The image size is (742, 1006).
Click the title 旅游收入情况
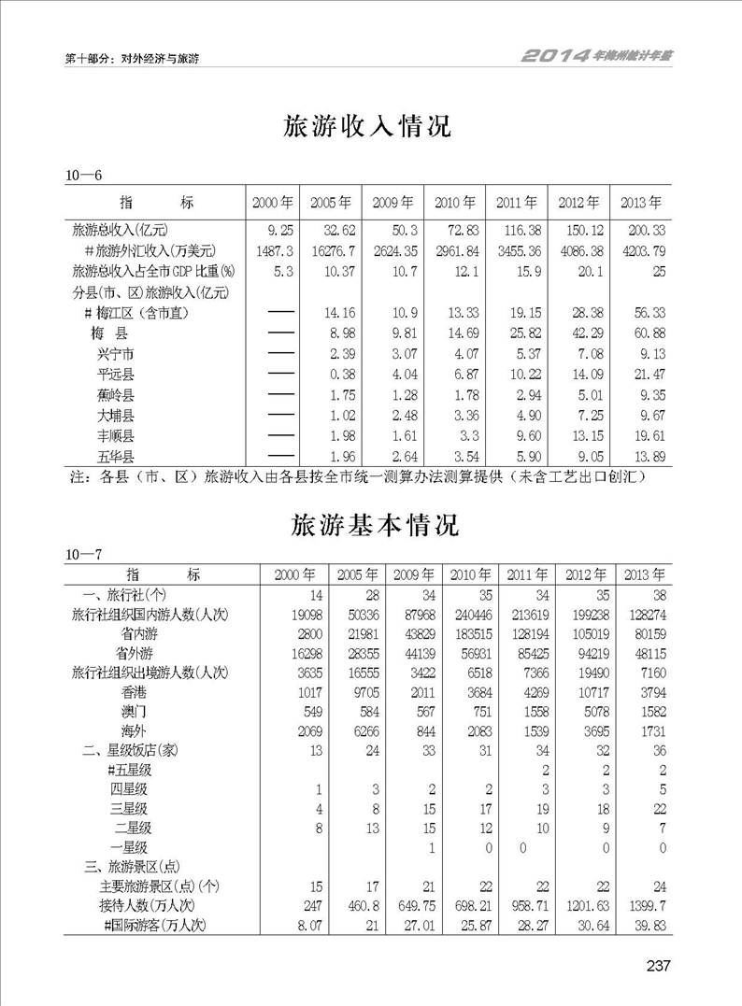[367, 128]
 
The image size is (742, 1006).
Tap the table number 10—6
[83, 176]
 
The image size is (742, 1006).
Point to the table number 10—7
[83, 556]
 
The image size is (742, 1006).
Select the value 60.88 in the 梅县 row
[643, 333]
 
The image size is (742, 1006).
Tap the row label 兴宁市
[115, 354]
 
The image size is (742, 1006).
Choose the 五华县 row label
[115, 457]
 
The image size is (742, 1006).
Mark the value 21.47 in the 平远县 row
[643, 375]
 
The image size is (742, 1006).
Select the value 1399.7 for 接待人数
[644, 905]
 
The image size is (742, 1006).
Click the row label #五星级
[130, 770]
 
